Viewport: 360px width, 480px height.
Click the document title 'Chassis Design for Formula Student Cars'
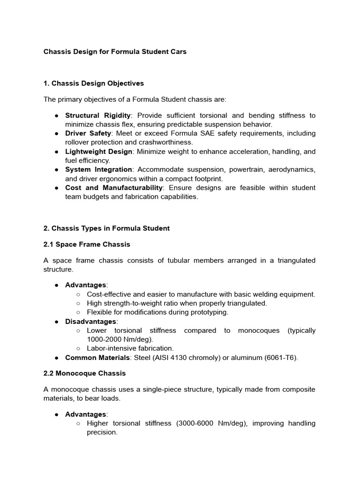(x=115, y=52)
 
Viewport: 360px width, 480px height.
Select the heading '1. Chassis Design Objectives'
(x=93, y=83)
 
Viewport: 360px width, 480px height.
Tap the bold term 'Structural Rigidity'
(x=97, y=115)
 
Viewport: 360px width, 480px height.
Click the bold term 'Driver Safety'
(x=88, y=134)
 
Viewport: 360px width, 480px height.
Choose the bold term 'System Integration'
(x=98, y=170)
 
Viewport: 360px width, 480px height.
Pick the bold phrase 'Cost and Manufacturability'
(x=114, y=187)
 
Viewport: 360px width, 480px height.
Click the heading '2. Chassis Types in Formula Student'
(x=106, y=228)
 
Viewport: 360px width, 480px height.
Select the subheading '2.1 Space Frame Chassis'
(x=87, y=244)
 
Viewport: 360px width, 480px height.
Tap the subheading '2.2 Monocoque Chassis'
(x=84, y=374)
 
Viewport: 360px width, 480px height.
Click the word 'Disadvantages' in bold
(x=90, y=322)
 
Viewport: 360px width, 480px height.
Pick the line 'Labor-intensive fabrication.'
(x=130, y=348)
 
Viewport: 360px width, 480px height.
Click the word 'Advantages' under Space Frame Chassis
(x=86, y=285)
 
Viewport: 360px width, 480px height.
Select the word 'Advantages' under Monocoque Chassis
(x=86, y=414)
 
